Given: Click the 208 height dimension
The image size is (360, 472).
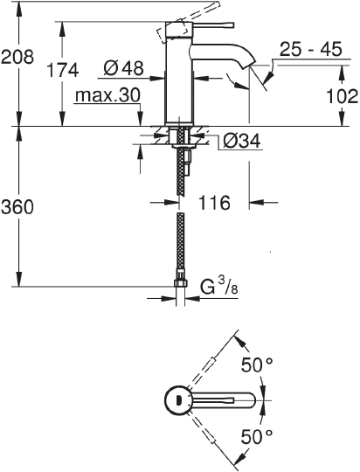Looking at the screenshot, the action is click(x=17, y=57).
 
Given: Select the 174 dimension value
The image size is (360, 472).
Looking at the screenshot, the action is click(x=63, y=70).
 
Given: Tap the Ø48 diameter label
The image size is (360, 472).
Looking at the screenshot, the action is click(x=123, y=68).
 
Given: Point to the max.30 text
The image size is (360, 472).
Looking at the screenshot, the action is click(x=107, y=95).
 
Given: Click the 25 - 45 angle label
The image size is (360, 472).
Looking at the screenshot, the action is click(x=311, y=49).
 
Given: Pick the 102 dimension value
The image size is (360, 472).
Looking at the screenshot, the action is click(x=343, y=97).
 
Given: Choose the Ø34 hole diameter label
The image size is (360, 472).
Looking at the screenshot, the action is click(x=242, y=140).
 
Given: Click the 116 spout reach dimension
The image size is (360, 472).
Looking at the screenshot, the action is click(x=214, y=203).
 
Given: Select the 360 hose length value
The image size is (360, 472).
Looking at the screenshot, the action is click(x=17, y=207).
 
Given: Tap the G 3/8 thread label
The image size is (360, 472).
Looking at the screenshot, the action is click(x=218, y=288).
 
